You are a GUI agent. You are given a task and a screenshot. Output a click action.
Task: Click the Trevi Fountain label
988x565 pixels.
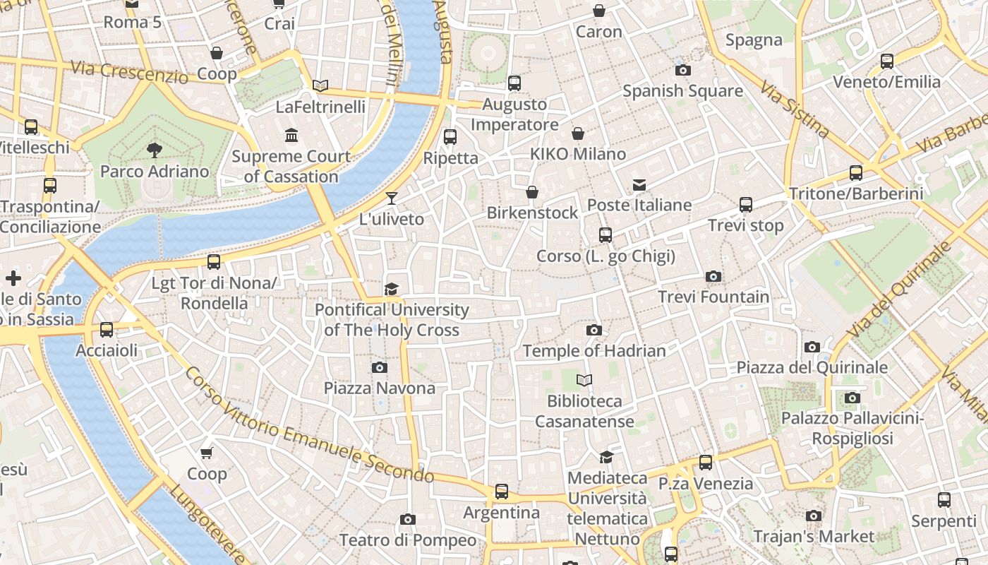click(x=713, y=297)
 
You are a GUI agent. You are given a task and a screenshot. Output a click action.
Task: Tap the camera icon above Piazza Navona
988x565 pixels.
click(x=380, y=367)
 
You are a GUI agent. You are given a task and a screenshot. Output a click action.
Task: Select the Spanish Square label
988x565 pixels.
click(x=682, y=91)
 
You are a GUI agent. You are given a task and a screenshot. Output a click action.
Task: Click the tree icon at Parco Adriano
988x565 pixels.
click(x=154, y=150)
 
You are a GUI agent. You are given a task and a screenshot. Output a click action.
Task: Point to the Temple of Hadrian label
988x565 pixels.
click(x=594, y=350)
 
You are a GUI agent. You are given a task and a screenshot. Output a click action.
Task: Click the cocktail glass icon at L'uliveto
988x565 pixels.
click(x=392, y=198)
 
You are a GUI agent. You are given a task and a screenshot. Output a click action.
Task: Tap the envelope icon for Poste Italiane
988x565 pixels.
click(x=639, y=185)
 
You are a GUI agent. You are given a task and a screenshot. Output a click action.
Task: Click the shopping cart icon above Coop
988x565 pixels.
click(x=207, y=453)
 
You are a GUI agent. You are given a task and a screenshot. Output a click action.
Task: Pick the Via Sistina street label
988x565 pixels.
click(x=794, y=109)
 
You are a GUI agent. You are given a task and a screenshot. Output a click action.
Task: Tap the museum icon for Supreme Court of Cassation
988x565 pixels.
click(x=291, y=135)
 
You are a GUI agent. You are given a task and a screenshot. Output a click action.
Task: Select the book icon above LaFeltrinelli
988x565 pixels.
click(x=320, y=86)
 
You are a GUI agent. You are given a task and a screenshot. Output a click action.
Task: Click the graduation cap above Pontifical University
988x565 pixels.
click(x=392, y=289)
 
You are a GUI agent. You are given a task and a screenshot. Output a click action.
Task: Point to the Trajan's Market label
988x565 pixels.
click(x=814, y=537)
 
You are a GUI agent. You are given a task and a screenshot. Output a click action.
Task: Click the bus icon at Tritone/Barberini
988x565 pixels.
click(x=856, y=172)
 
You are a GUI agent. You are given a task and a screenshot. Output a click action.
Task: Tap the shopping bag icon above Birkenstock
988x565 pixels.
click(x=533, y=192)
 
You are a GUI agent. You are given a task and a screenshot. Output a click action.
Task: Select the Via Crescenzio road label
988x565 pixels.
click(x=129, y=72)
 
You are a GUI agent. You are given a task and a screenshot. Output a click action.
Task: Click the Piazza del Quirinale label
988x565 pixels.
click(x=812, y=367)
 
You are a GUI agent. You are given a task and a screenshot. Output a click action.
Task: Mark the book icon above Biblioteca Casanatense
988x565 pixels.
click(x=584, y=381)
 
